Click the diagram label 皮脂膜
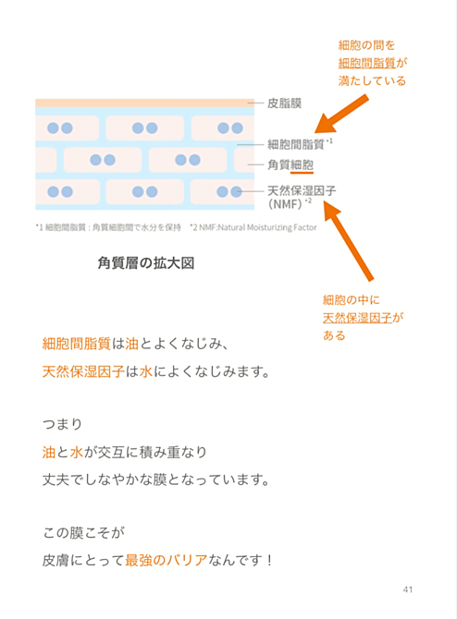(285, 103)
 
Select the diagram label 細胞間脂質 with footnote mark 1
(300, 144)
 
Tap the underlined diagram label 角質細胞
(290, 164)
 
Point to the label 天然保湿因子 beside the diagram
(302, 190)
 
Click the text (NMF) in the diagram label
(285, 204)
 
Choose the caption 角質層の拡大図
(146, 263)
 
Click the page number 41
(408, 589)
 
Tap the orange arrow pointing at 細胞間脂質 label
(341, 114)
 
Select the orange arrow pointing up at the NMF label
(348, 241)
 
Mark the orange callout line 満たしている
(372, 81)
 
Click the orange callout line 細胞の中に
(351, 300)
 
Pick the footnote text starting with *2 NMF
(253, 227)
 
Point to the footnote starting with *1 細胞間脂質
(108, 227)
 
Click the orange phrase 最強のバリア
(166, 560)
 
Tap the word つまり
(63, 424)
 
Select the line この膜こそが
(84, 532)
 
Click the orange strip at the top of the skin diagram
(144, 103)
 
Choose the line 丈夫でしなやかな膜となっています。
(156, 479)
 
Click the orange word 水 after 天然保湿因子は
(146, 371)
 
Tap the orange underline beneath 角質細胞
(302, 173)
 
